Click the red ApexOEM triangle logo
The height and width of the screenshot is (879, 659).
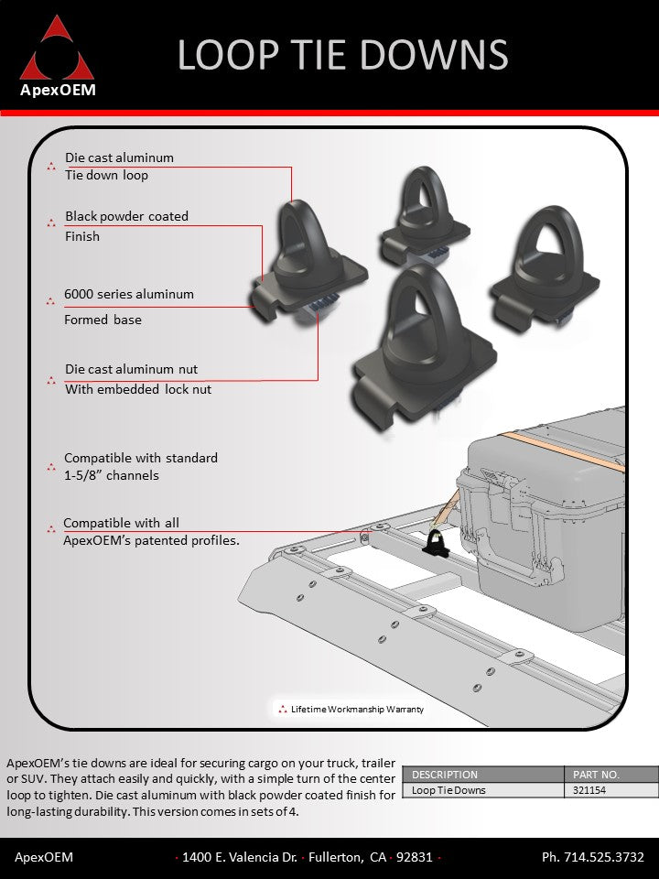pos(57,50)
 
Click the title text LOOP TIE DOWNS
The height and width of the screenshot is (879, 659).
pos(342,55)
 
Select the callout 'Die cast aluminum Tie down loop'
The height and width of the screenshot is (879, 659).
pos(119,166)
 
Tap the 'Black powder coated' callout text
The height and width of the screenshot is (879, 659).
pos(126,216)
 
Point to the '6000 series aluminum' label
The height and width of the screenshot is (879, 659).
pos(128,294)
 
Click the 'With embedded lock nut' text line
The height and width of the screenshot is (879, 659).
pos(138,389)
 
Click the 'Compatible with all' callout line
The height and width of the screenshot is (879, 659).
pos(121,523)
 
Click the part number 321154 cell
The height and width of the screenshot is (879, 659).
pos(586,790)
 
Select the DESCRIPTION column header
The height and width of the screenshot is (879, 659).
pos(445,775)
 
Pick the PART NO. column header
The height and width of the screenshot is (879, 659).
pos(596,775)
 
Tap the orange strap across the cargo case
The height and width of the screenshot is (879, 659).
pos(558,449)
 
